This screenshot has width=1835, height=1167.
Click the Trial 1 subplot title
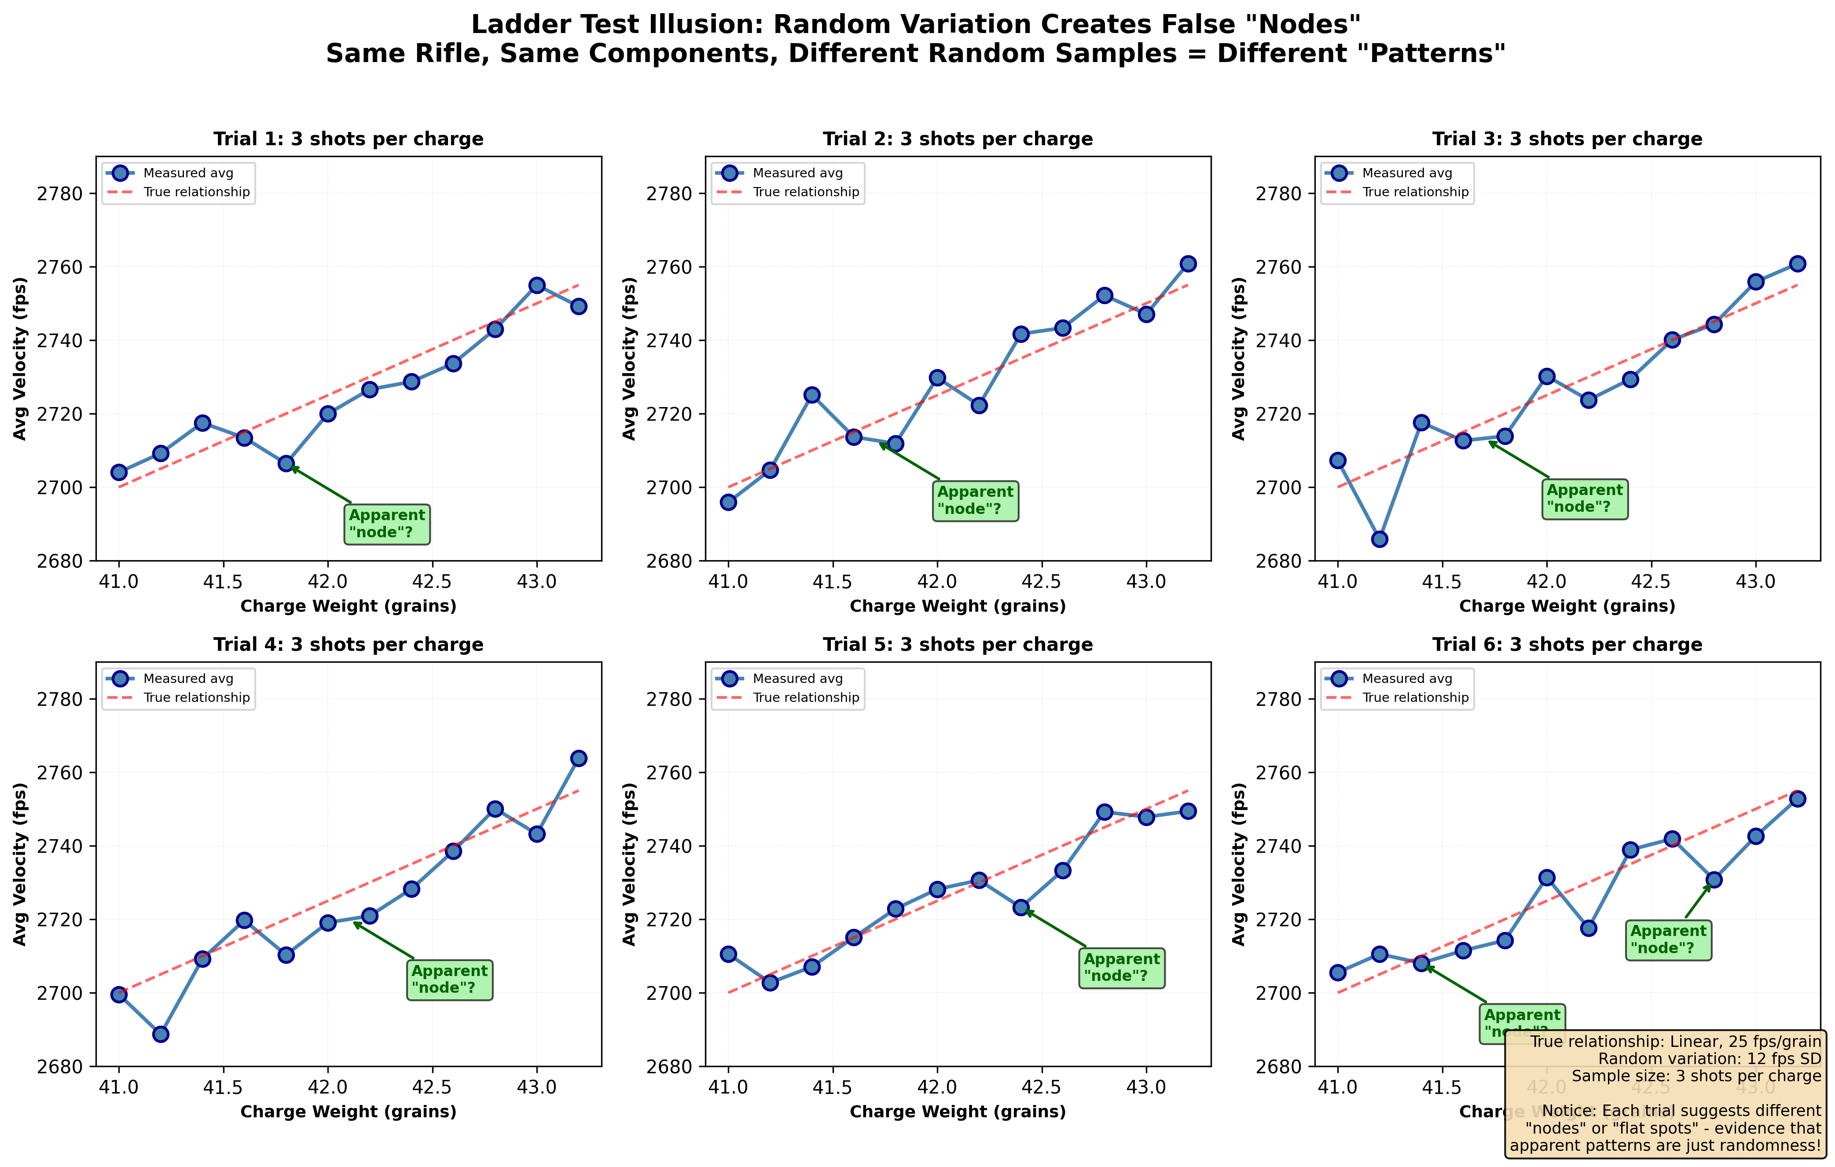348,139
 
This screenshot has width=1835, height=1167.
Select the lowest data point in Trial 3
1379,539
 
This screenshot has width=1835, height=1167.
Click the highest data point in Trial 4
578,759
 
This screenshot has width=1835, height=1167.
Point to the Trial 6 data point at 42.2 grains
1588,928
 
